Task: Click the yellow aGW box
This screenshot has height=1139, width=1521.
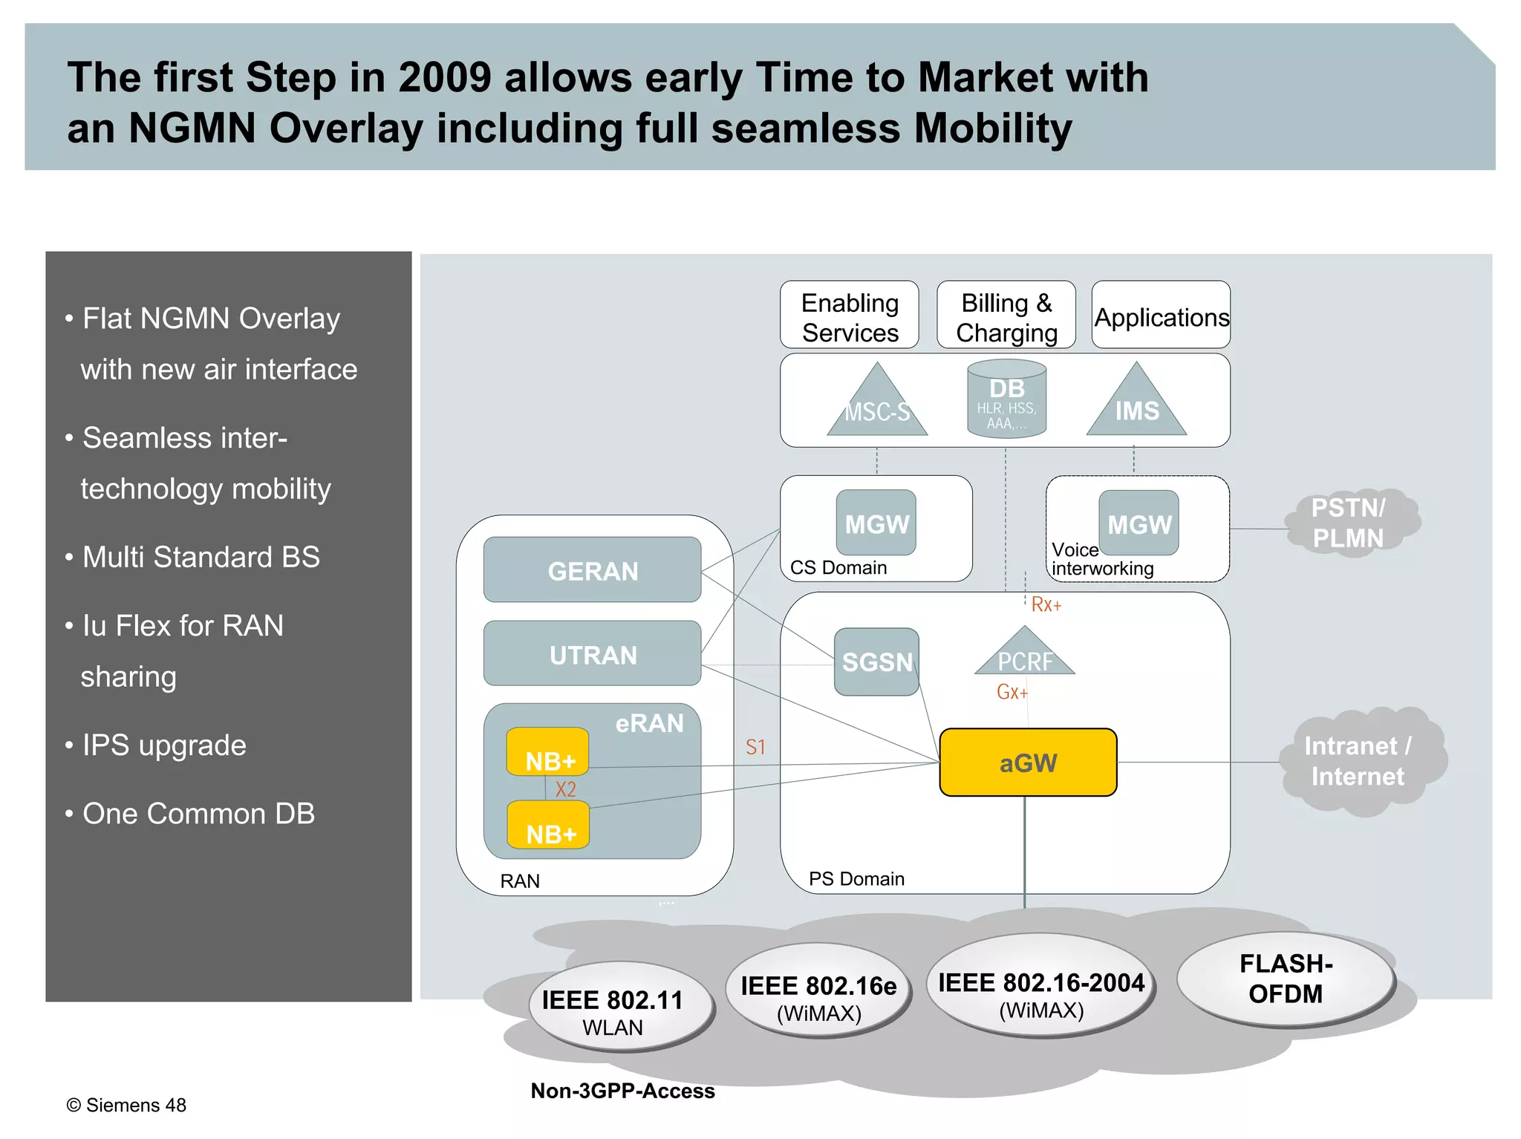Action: point(1028,763)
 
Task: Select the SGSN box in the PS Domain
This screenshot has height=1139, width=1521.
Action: point(876,662)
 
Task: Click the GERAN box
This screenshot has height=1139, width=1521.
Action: point(592,570)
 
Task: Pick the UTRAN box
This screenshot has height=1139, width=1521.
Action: point(592,654)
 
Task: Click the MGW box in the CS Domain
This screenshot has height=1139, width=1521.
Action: point(876,523)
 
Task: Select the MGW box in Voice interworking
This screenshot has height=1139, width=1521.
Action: point(1139,523)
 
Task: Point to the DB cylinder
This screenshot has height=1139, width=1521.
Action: point(1006,399)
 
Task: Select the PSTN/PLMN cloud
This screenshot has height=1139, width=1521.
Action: point(1348,523)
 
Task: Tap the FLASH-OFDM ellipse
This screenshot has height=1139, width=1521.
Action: point(1285,979)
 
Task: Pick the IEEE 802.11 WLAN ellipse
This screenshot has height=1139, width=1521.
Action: point(613,1011)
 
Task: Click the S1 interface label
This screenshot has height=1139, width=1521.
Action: point(755,747)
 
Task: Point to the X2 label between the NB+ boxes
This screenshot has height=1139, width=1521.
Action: point(566,789)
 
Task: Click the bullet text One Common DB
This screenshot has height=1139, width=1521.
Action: point(198,813)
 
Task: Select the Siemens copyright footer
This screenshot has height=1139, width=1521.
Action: point(126,1105)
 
